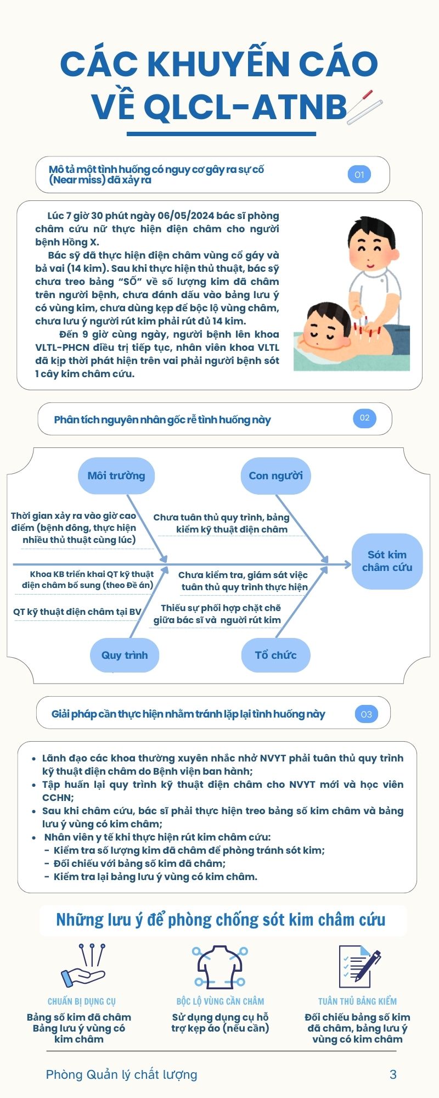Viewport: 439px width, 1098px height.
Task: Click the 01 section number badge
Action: coord(359,175)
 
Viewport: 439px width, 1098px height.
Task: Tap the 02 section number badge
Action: coord(364,418)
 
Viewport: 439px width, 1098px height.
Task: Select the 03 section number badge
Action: coord(366,714)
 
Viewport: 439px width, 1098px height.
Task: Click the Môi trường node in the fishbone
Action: coord(116,475)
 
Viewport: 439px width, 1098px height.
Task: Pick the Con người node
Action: coord(275,475)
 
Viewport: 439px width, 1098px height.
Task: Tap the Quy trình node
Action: coord(125,655)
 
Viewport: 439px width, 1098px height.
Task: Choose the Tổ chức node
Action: coord(275,655)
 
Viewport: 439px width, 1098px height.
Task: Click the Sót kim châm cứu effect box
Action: coord(387,561)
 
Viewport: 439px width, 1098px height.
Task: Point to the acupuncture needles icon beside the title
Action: coord(365,107)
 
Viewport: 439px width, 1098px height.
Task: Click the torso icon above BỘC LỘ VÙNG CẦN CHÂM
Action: coord(220,966)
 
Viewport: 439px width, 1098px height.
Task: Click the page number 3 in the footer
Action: coord(393,1074)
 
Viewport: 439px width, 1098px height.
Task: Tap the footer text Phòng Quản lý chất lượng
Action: coord(121,1074)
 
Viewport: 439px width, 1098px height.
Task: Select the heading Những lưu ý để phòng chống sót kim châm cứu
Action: coord(221,920)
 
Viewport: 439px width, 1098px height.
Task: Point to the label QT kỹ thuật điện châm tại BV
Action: coord(77,612)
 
